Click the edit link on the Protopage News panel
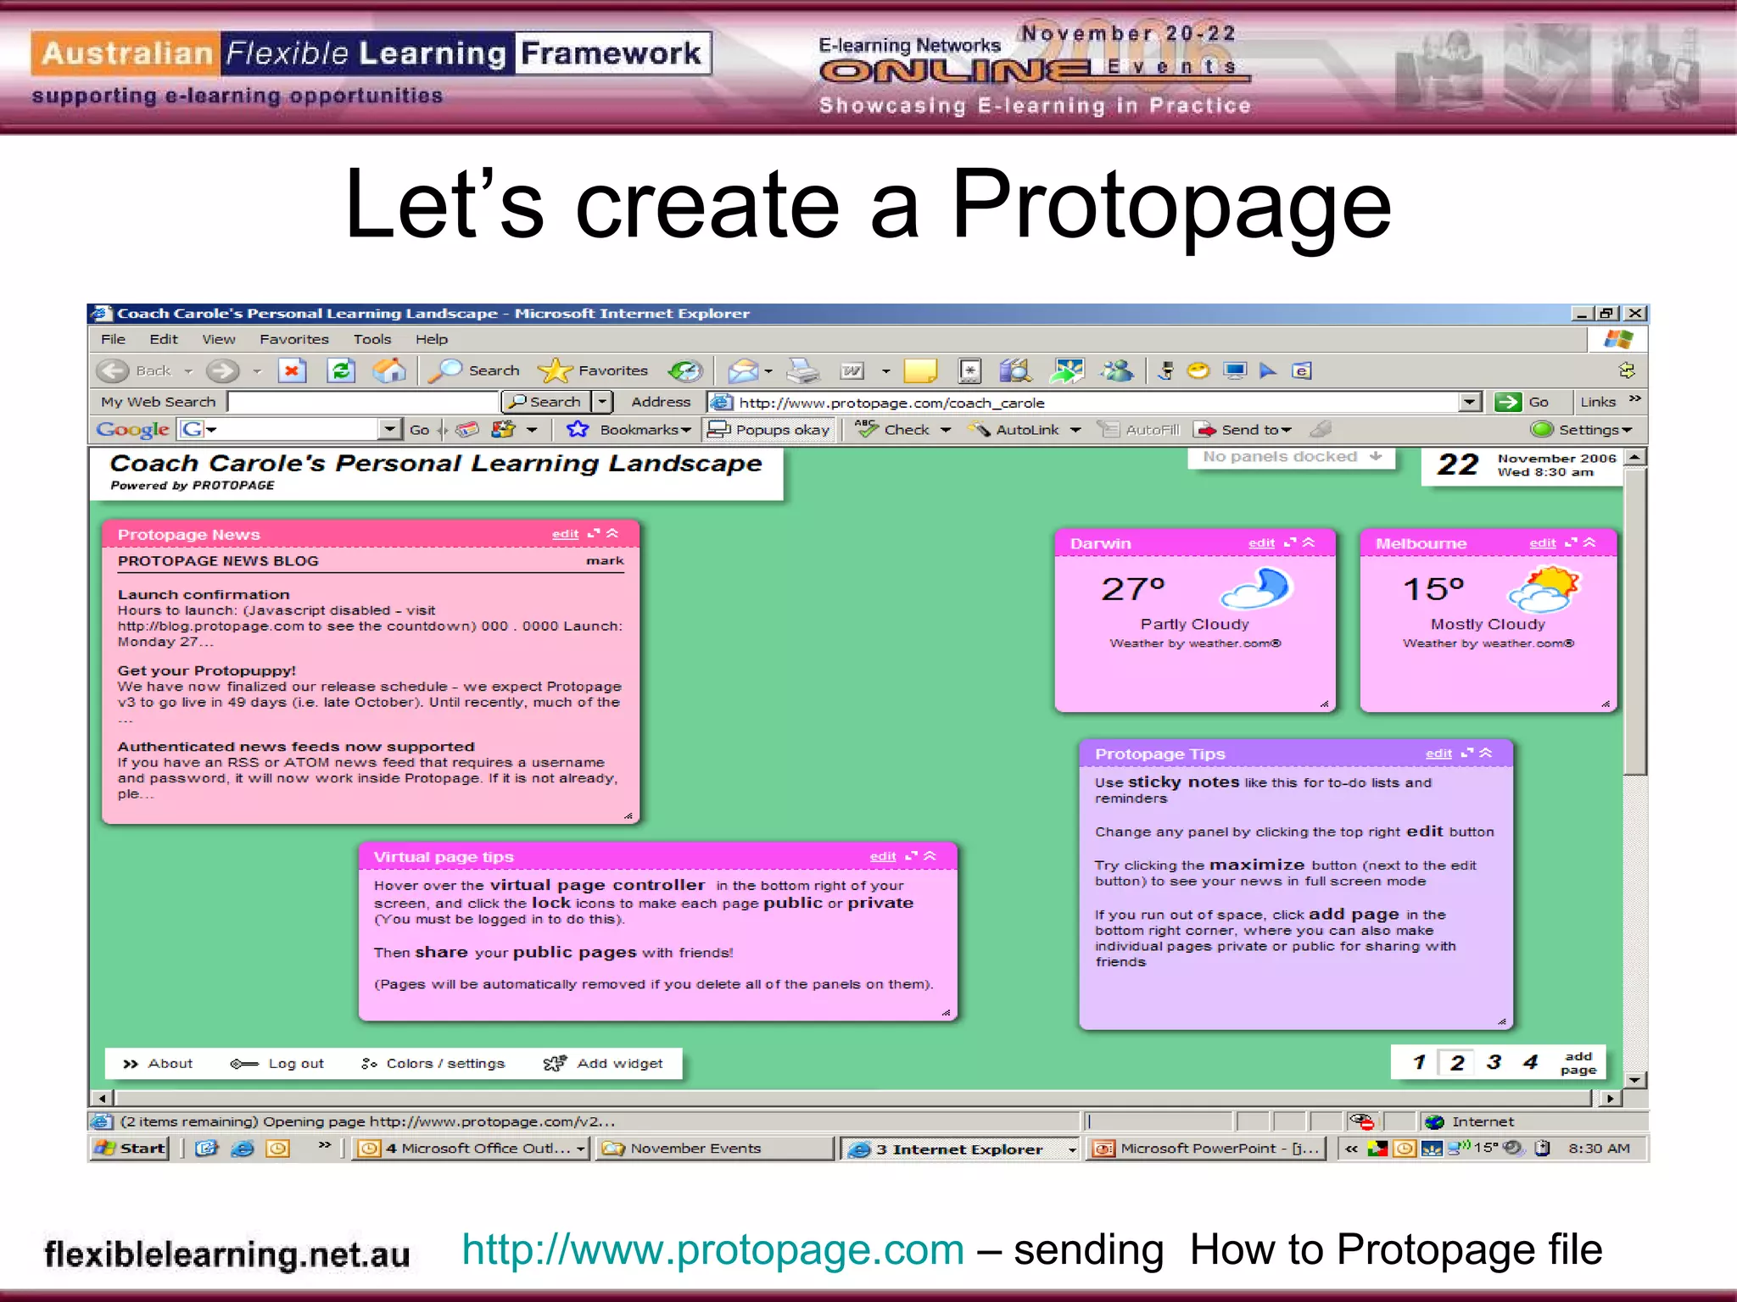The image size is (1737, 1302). click(565, 534)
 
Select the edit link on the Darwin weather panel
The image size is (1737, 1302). click(1261, 543)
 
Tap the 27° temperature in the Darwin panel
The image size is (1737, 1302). click(1133, 588)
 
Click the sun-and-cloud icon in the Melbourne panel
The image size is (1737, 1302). click(1550, 589)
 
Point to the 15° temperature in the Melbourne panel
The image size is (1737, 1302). click(1433, 588)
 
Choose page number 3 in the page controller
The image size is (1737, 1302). click(1494, 1062)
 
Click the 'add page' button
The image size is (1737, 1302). click(1578, 1063)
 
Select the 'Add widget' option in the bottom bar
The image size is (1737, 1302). click(603, 1064)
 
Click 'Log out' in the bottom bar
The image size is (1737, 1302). click(278, 1064)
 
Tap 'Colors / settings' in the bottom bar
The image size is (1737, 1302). click(433, 1064)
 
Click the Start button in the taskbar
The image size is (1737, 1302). click(131, 1149)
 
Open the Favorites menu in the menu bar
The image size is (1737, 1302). click(293, 339)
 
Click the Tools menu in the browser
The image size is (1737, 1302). click(372, 339)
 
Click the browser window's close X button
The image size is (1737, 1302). click(1636, 314)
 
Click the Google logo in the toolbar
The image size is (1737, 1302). click(132, 430)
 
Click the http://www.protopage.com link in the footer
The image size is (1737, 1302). click(712, 1250)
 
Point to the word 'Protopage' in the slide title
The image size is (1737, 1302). click(1170, 205)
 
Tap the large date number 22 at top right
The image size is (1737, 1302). click(1457, 465)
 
